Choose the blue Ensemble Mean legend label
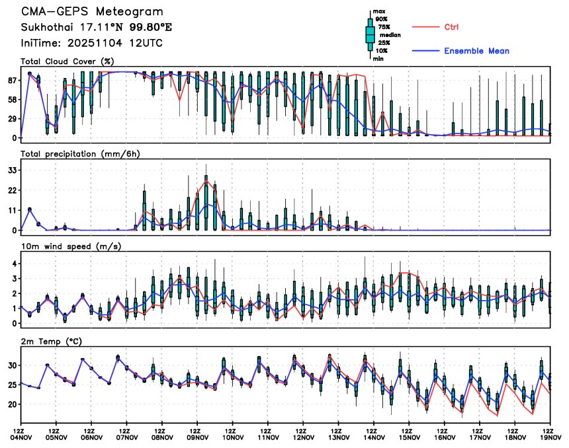tap(476, 51)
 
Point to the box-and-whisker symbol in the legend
tap(370, 34)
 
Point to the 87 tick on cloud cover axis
tap(12, 79)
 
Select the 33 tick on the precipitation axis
tap(12, 170)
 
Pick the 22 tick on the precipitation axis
tap(12, 190)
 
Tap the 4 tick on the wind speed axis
tap(15, 264)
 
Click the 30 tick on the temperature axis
tap(12, 365)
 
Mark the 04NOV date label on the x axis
tap(21, 436)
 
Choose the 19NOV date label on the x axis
tap(550, 436)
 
